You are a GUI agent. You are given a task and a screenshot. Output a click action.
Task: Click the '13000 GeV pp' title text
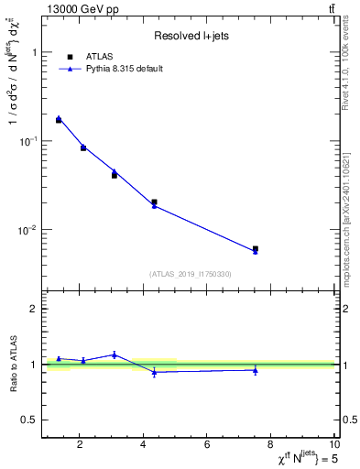point(80,8)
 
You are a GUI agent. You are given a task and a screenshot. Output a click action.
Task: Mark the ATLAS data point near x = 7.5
point(256,248)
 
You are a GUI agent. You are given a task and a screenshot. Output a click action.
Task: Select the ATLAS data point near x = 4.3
point(154,202)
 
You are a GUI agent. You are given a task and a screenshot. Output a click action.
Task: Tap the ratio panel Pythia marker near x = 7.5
point(256,370)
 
